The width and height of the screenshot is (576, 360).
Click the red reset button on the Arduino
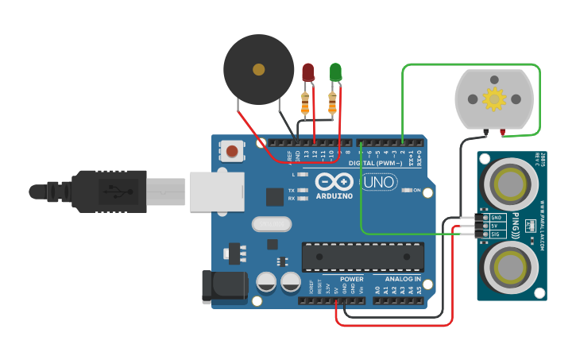point(232,151)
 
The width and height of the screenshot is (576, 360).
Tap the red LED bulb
point(308,72)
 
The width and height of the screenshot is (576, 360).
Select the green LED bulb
point(335,72)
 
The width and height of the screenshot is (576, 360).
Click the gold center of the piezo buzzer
point(258,70)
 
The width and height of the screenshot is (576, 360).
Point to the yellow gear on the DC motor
point(494,99)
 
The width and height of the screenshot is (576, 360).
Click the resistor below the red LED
point(305,103)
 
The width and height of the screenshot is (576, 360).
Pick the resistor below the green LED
point(332,103)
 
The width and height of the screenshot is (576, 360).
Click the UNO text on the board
point(378,182)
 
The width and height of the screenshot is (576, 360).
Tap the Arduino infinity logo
point(330,181)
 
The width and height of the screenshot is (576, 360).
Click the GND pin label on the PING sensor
point(497,217)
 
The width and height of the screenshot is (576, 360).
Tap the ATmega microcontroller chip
point(362,257)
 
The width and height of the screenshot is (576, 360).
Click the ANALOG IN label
point(403,279)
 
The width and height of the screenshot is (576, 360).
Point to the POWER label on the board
point(351,279)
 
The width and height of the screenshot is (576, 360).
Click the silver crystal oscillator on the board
point(272,224)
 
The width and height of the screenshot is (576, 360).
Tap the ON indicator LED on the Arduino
point(407,190)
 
